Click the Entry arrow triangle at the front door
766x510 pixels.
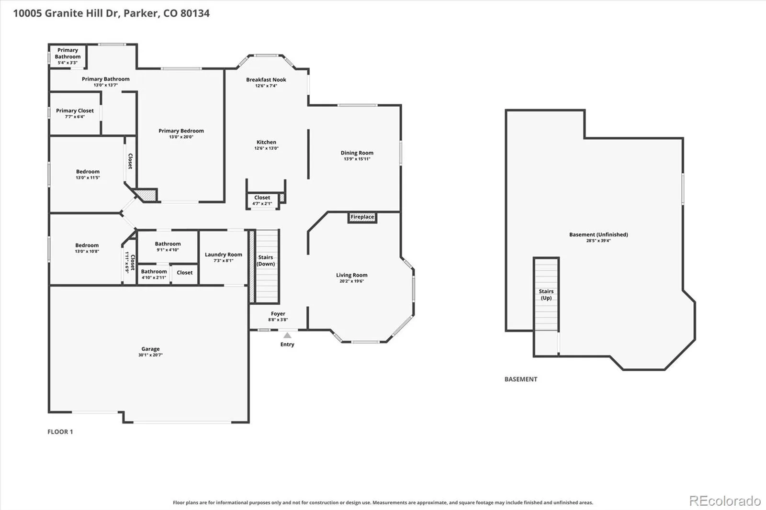(287, 335)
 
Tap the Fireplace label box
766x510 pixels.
(362, 217)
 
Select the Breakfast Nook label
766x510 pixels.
(266, 79)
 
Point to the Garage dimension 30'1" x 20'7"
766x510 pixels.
(150, 355)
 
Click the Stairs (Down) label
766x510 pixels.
(266, 260)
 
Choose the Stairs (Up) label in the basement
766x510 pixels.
(546, 295)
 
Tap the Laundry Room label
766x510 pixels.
(223, 255)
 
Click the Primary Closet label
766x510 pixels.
(75, 111)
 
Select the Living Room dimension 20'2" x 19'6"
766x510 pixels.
(351, 281)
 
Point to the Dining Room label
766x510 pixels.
(357, 153)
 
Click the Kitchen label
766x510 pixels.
(266, 142)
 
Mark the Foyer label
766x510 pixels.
(278, 313)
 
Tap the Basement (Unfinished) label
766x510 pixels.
(598, 234)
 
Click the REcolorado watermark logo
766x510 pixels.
(725, 501)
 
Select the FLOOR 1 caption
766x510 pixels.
(60, 432)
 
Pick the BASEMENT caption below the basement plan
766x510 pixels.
(521, 379)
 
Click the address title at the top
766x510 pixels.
(112, 13)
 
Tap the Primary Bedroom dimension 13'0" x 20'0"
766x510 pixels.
(181, 137)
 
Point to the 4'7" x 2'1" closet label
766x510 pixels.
(262, 203)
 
